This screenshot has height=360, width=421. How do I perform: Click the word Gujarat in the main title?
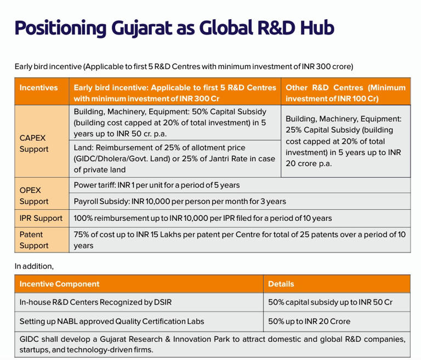pyautogui.click(x=141, y=28)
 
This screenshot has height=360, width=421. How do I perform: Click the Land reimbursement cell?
pyautogui.click(x=174, y=159)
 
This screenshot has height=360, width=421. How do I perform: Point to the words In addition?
pyautogui.click(x=34, y=266)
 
